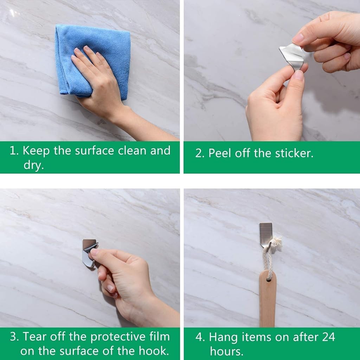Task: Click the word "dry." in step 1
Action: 34,165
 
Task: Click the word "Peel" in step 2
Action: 220,153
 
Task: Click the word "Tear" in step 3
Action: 36,337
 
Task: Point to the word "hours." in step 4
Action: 226,351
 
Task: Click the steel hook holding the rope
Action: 265,233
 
